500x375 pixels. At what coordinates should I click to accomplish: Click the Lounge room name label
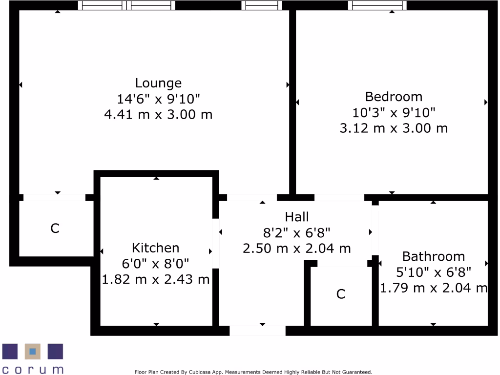pos(158,83)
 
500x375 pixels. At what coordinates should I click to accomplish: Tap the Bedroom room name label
pos(394,96)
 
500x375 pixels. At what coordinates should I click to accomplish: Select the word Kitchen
pos(155,248)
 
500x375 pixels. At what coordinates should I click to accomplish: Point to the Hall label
pos(297,216)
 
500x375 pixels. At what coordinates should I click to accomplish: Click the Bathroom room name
pos(433,256)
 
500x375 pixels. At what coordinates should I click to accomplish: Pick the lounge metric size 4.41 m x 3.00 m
pos(158,115)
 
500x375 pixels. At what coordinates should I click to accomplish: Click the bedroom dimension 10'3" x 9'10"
pos(394,113)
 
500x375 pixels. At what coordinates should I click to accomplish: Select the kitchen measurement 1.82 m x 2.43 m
pos(155,279)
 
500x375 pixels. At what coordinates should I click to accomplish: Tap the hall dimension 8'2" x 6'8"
pos(297,232)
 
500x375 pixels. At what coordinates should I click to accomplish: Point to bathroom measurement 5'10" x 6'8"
pos(433,272)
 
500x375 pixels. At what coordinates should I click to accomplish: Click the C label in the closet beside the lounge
pos(55,228)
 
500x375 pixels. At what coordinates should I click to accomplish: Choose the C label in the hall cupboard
pos(341,294)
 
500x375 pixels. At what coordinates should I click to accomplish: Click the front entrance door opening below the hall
pos(257,331)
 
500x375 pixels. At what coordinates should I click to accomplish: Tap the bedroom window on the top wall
pos(376,5)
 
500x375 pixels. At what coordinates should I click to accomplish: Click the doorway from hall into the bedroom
pos(339,198)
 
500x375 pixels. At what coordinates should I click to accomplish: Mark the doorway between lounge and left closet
pos(54,198)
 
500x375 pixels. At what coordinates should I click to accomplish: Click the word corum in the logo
pos(33,369)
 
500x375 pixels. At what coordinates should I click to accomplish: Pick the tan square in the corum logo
pos(33,351)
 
